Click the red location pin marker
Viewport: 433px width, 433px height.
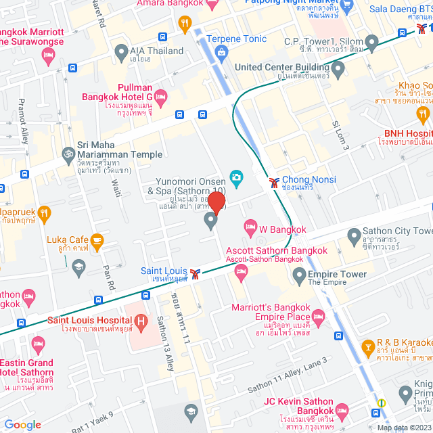[216, 202]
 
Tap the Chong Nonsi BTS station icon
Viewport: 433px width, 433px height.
[274, 181]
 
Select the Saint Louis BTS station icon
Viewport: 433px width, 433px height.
[196, 273]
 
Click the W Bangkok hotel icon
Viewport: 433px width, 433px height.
[250, 224]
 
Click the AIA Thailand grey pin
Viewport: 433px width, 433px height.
[121, 51]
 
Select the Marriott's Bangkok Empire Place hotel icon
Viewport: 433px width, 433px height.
[319, 316]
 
